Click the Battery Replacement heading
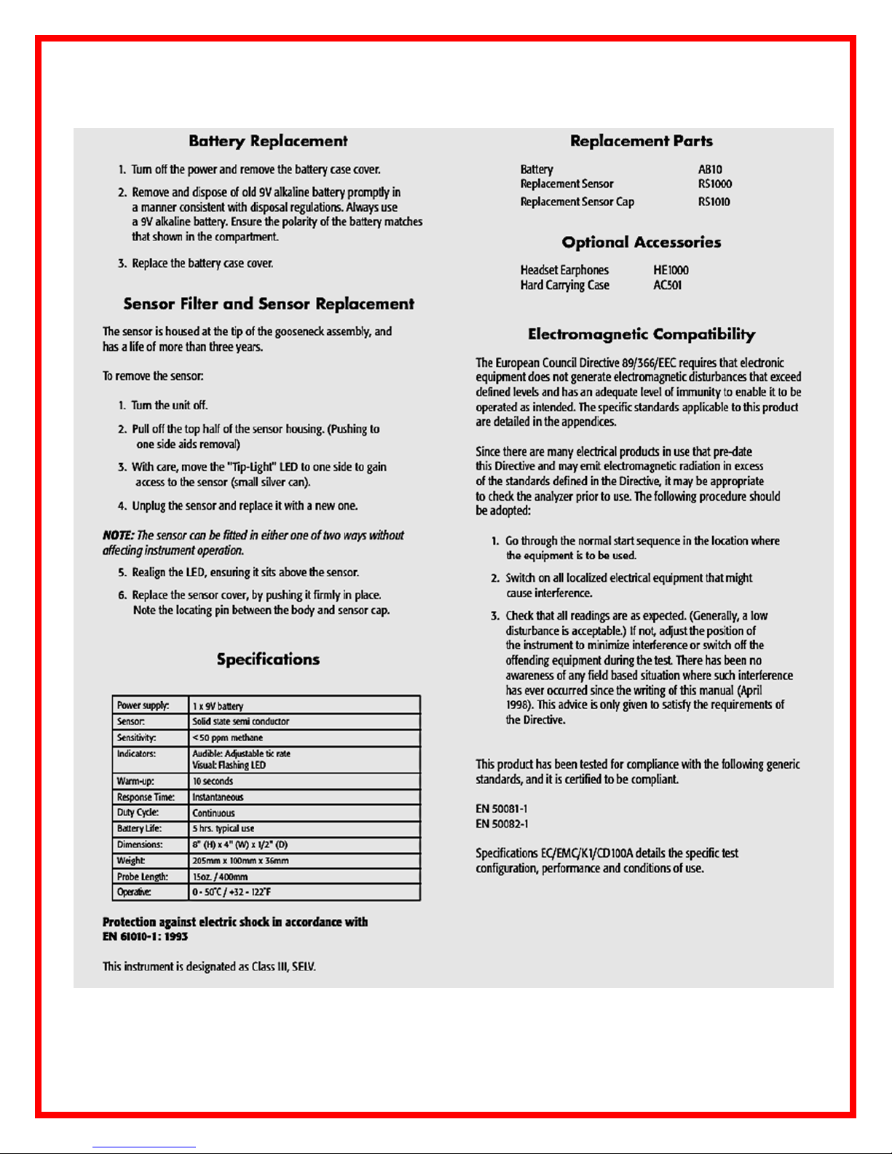coord(268,141)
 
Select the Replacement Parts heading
coord(641,141)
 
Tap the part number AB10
coord(710,170)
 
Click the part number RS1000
coord(714,184)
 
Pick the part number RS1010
coord(714,202)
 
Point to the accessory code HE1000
coord(671,270)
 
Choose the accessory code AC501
coord(667,285)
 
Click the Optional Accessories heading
coord(641,242)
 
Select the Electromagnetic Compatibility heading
coord(641,334)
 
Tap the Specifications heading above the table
coord(268,660)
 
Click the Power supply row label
coord(143,706)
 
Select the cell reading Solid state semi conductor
coord(240,722)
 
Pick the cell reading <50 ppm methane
coord(227,738)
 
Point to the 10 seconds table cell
coord(213,781)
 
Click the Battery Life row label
coord(139,829)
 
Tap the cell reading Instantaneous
coord(218,797)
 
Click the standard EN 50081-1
coord(502,809)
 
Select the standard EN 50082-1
coord(502,824)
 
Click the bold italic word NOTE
coord(118,536)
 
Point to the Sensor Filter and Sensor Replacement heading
coord(268,304)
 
